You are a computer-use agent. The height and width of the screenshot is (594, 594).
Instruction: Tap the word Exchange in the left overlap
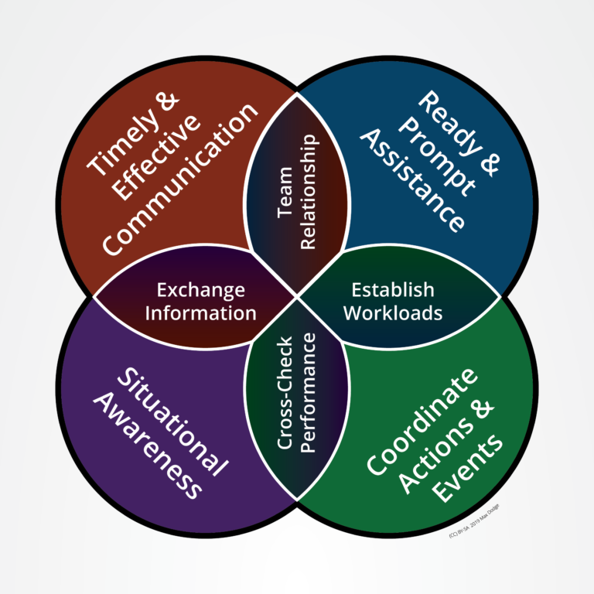point(200,291)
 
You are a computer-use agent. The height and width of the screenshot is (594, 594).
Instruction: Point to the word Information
point(200,313)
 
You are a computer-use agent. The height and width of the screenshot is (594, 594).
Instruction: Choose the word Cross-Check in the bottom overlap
point(284,392)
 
